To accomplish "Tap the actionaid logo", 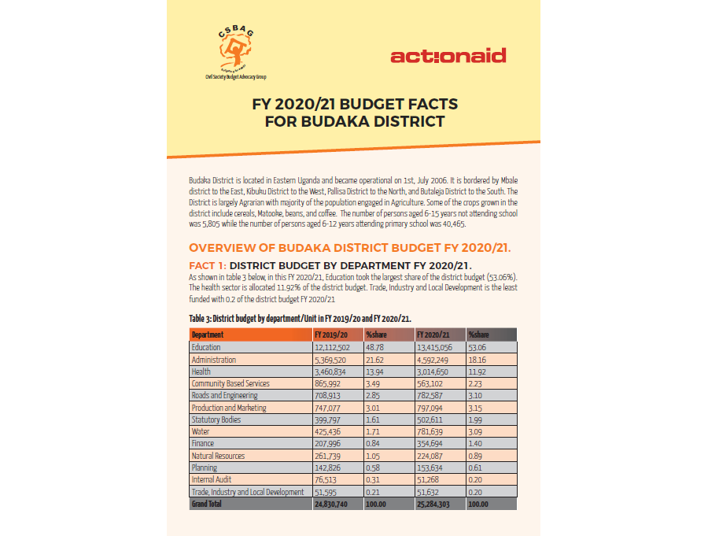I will (x=448, y=56).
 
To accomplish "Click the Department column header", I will (x=208, y=335).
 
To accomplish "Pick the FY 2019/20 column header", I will (x=330, y=335).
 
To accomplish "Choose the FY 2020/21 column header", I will (x=433, y=335).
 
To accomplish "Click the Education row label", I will (x=206, y=347).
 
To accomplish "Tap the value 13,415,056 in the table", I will (x=434, y=347).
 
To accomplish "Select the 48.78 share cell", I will (x=374, y=347).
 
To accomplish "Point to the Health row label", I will (x=201, y=372).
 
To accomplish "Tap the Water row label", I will (x=201, y=431).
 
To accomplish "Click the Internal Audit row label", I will (x=213, y=479).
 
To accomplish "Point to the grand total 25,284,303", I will (x=434, y=504).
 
